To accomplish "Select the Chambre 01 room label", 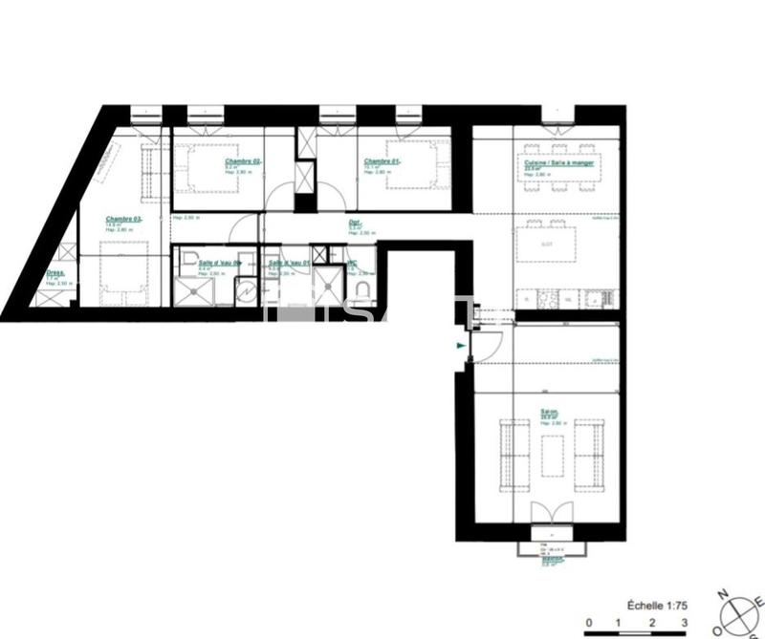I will tap(381, 161).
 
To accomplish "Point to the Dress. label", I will tap(55, 272).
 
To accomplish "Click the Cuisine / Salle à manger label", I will tap(558, 163).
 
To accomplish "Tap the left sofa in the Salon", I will tap(514, 452).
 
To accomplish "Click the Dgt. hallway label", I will tap(354, 223).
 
